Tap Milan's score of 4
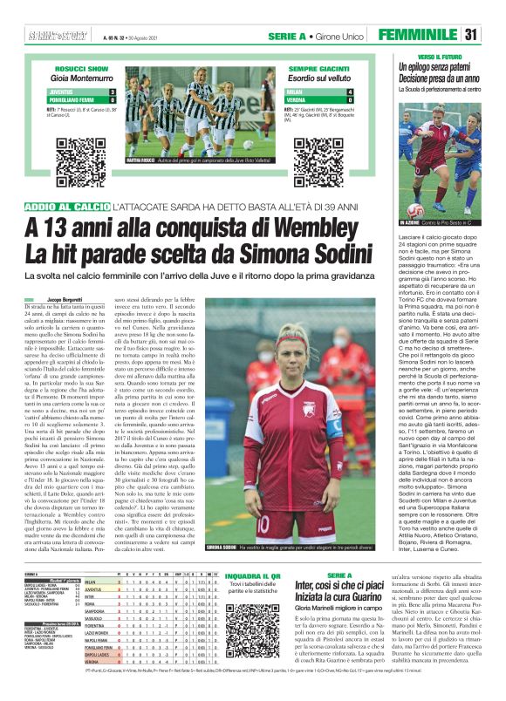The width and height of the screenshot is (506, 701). coord(350,91)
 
